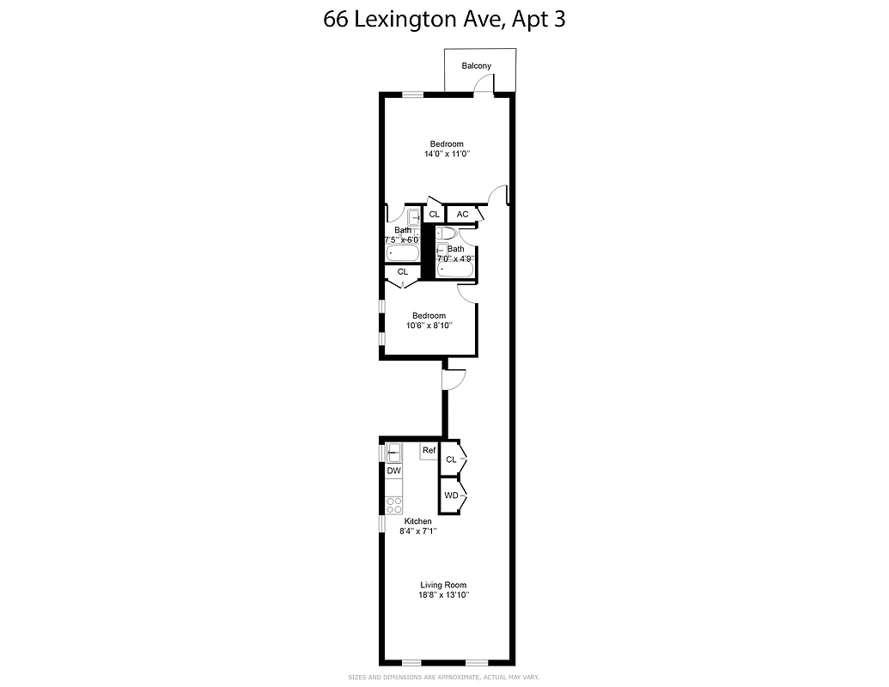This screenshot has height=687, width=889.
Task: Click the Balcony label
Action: (x=476, y=66)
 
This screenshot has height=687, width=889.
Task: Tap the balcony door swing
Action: (x=486, y=83)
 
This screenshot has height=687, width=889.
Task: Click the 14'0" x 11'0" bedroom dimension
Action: (x=447, y=155)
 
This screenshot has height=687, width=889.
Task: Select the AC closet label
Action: (x=462, y=215)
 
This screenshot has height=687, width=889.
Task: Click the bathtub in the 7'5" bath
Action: (x=402, y=253)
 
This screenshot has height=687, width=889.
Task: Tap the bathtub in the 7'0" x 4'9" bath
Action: (x=455, y=270)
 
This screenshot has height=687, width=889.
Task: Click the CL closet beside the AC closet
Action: (x=434, y=215)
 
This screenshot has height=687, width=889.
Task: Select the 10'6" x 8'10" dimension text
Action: (x=429, y=326)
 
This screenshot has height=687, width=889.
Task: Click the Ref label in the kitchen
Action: (x=429, y=451)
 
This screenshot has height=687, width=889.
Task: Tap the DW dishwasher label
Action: (x=393, y=471)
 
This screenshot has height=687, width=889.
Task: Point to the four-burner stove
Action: (x=393, y=505)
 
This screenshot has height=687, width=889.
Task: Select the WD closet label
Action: (x=451, y=495)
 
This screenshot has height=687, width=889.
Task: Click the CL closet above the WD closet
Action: (x=451, y=460)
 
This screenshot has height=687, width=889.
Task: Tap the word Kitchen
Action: (x=418, y=521)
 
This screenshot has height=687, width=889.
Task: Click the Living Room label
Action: (x=444, y=585)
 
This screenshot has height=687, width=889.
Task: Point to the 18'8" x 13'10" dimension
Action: (x=444, y=595)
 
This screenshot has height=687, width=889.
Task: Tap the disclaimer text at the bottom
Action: (x=443, y=678)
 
